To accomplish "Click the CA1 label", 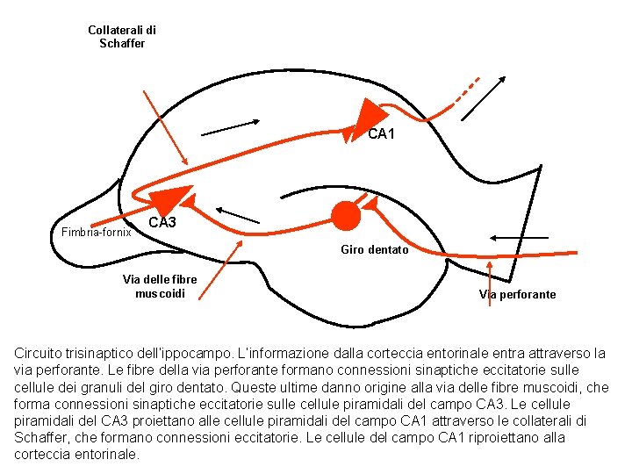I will (x=381, y=134).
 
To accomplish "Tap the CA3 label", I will (x=162, y=223).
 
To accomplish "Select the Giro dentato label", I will (x=374, y=250).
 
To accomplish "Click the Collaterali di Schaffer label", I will (x=122, y=37).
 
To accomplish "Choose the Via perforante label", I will (x=517, y=295).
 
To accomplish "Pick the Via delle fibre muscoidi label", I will (x=160, y=286).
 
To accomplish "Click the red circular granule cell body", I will (x=346, y=214).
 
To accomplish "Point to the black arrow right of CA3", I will (x=238, y=214).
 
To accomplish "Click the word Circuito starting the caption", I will (x=41, y=354).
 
